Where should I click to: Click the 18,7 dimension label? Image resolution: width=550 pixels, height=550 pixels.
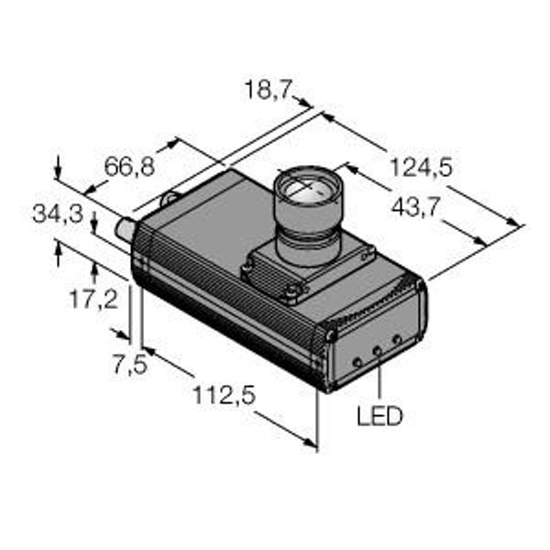click(x=269, y=90)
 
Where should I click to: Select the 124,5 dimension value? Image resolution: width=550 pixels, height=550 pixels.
click(x=421, y=168)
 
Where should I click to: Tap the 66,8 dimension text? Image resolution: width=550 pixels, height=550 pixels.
click(x=129, y=167)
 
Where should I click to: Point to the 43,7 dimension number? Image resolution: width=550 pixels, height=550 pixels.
click(x=415, y=208)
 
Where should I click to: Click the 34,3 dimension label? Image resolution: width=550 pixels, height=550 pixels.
click(x=58, y=214)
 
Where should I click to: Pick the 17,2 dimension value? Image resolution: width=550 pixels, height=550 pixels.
click(x=94, y=300)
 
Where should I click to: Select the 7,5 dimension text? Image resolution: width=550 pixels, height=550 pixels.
click(x=130, y=365)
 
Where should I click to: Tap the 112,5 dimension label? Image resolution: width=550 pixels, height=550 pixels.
click(x=225, y=395)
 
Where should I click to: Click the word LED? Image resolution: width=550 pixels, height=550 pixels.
click(x=379, y=416)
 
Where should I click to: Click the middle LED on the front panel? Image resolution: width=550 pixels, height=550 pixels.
click(x=378, y=350)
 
